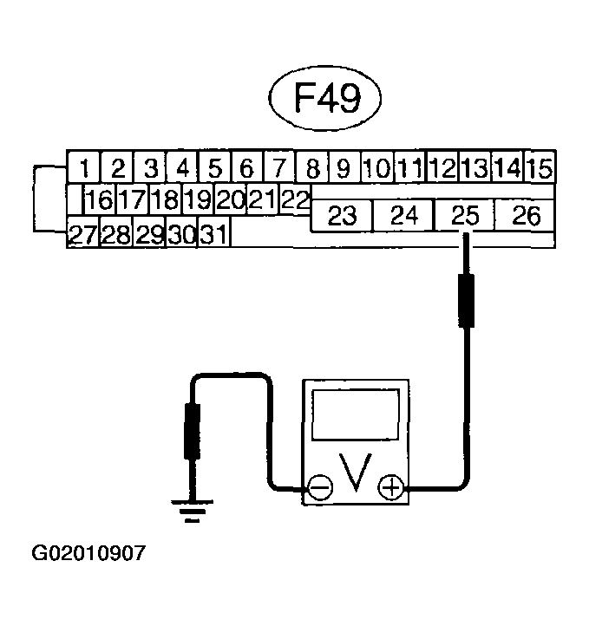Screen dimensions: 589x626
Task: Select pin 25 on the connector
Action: coord(464,216)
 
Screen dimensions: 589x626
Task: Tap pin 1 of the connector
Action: coord(84,166)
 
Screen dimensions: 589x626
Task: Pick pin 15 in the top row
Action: coord(540,166)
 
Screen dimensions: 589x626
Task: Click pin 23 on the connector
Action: coord(342,216)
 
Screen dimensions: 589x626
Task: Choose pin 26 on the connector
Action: coord(525,216)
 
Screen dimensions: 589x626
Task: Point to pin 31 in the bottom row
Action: coord(214,233)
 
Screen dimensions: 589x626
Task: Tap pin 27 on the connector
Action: coord(83,233)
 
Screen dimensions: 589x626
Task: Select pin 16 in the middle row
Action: coord(100,199)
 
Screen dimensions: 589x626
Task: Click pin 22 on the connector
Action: coord(295,199)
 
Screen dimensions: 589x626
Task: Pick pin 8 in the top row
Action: coord(312,166)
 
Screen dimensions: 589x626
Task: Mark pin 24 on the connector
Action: coord(403,216)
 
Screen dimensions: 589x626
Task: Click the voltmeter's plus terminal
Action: coord(391,487)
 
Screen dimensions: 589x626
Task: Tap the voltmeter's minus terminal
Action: coord(320,487)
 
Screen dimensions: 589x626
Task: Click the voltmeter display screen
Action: coord(356,414)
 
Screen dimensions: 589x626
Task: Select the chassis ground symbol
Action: coord(192,511)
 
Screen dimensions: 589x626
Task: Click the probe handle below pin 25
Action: coord(466,301)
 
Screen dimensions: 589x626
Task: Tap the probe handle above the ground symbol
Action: coord(192,431)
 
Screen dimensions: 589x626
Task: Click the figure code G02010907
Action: coord(88,553)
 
